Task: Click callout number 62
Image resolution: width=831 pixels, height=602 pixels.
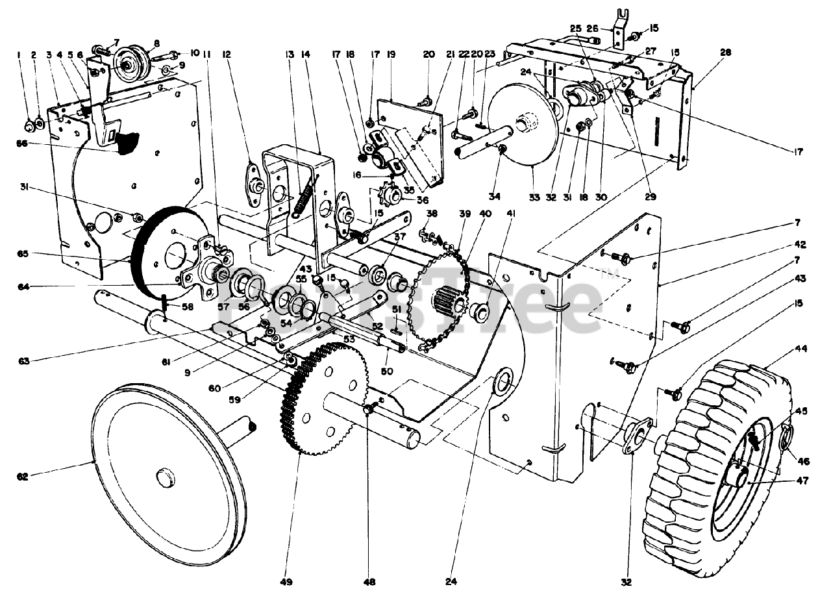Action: [x=23, y=477]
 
